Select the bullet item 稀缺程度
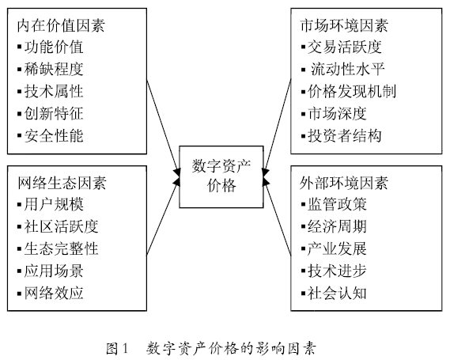click(x=55, y=69)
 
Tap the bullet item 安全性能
click(x=55, y=135)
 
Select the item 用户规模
click(x=55, y=204)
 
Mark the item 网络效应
click(x=55, y=293)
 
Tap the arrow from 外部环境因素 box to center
click(x=277, y=225)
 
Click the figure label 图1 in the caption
click(x=116, y=346)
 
